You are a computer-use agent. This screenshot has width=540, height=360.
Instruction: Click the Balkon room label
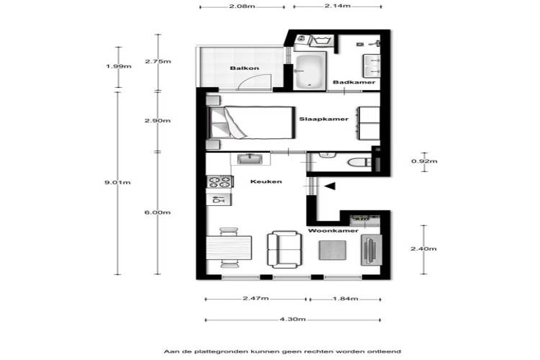point(245,68)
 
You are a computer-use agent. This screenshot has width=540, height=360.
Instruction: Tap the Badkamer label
point(354,82)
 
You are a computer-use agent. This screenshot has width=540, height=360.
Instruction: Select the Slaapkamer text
point(324,120)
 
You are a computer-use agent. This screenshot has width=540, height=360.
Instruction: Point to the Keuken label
point(266,181)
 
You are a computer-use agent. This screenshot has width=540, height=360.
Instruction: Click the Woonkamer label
point(333,231)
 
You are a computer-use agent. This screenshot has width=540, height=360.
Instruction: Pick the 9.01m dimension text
point(117,183)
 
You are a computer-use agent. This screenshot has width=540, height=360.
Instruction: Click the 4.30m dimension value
point(292,320)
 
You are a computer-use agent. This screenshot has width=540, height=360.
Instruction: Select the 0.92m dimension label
point(424,161)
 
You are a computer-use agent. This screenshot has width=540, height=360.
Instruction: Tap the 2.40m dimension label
point(423,248)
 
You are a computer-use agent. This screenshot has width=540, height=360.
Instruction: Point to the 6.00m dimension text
point(158,212)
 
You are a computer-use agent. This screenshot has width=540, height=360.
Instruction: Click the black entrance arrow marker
point(330,186)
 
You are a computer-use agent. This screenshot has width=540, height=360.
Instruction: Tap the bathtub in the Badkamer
point(310,71)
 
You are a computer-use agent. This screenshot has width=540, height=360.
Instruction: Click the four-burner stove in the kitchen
point(220,181)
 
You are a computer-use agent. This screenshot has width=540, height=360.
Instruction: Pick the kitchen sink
point(250,159)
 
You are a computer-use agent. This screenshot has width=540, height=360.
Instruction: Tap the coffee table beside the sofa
point(333,250)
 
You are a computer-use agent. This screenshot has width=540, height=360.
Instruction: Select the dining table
point(229,248)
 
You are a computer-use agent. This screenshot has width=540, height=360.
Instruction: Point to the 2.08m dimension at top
point(242,6)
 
